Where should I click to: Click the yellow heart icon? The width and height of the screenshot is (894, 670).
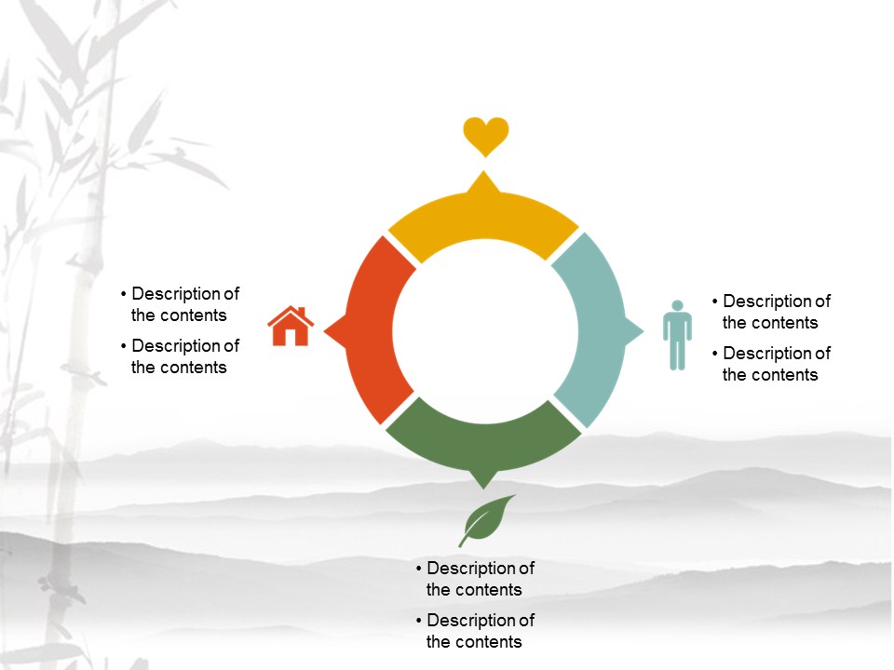(x=486, y=136)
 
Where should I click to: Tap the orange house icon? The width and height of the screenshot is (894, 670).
(x=291, y=327)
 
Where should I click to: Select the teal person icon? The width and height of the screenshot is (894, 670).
(x=677, y=336)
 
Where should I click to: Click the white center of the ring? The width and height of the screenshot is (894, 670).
(x=483, y=330)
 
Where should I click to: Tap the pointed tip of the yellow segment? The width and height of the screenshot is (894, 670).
(x=483, y=175)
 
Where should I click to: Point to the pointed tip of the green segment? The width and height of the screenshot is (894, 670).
(x=483, y=484)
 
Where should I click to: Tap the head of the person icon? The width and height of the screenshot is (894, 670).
(x=678, y=306)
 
